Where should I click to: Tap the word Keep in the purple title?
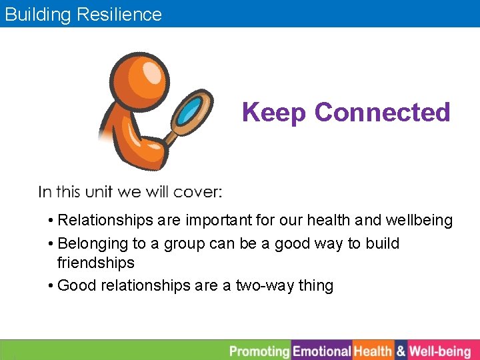[x=275, y=112]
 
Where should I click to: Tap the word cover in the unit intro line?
[x=197, y=192]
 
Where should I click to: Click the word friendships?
[x=96, y=263]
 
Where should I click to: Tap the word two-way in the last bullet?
[x=265, y=286]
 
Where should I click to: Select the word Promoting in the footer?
[x=259, y=351]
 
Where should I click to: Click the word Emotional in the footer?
[x=322, y=351]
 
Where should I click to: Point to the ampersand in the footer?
[x=401, y=351]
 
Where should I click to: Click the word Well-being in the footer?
[x=440, y=351]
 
